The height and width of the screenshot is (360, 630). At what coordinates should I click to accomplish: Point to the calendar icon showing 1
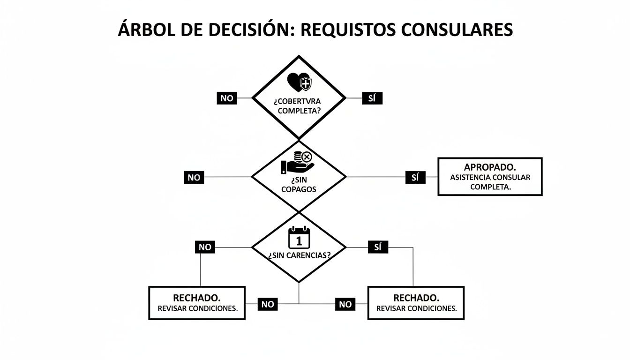[299, 238]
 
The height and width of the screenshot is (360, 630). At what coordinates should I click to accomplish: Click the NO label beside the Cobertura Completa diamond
[227, 98]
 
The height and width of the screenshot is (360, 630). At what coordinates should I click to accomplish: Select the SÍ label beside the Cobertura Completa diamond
[372, 98]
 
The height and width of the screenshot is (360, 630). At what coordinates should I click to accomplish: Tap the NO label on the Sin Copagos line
[194, 178]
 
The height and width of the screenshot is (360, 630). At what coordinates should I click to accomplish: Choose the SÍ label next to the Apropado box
[415, 178]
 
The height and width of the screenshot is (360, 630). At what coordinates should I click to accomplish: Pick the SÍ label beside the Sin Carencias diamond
[378, 247]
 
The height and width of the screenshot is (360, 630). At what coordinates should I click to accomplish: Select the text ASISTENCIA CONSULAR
[490, 178]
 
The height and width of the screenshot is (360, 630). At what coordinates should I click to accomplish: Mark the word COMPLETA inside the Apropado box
[490, 187]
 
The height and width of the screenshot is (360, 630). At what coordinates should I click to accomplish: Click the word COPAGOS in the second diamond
[299, 189]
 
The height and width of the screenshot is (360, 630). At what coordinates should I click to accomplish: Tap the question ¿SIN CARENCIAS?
[299, 256]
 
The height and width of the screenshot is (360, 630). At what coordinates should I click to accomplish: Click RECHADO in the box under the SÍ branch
[416, 298]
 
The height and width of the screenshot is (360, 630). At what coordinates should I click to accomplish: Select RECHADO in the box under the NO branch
[197, 298]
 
